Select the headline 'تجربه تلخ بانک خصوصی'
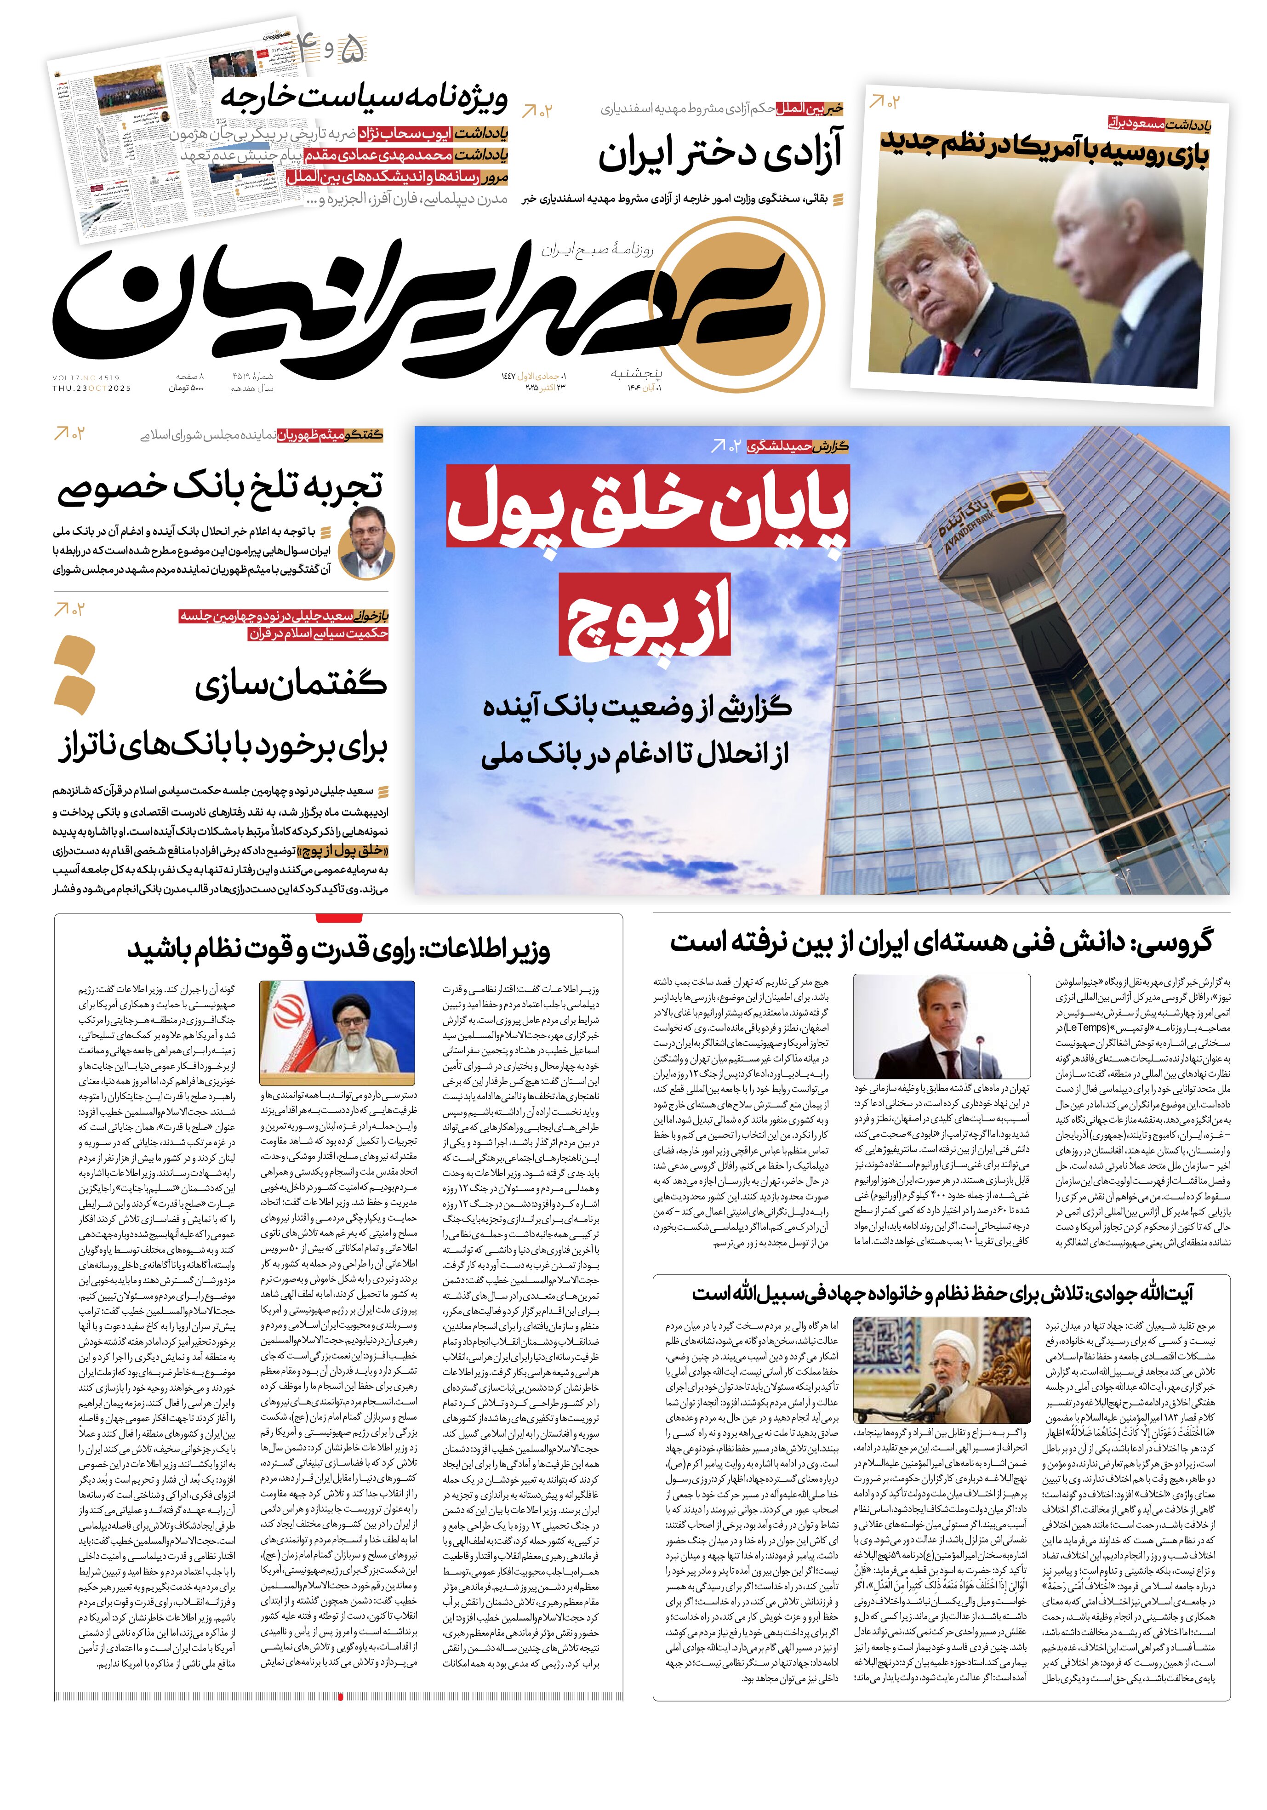(221, 487)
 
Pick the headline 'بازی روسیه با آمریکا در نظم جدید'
(1044, 148)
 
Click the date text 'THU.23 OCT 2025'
(92, 388)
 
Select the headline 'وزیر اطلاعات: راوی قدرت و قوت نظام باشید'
(338, 949)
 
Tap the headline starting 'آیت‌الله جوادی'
(942, 1294)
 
